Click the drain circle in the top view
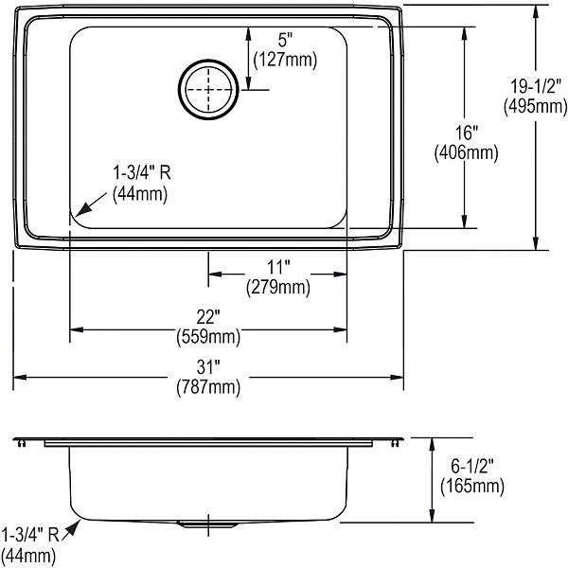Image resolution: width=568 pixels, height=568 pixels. (x=208, y=61)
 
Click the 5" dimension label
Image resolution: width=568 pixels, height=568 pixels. (x=285, y=40)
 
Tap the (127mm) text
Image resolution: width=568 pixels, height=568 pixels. (x=285, y=60)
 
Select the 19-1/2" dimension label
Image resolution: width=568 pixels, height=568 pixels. (x=536, y=86)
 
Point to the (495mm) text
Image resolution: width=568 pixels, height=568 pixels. (x=536, y=106)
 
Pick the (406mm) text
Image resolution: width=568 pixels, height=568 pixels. (x=466, y=152)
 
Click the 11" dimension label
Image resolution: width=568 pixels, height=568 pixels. (x=278, y=268)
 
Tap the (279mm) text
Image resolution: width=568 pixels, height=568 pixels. (x=278, y=287)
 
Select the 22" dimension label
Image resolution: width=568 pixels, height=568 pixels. (x=208, y=317)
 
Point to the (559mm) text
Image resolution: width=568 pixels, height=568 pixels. (x=208, y=337)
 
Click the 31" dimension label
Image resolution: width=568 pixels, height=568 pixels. (x=208, y=367)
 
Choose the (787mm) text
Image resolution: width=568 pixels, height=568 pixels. (x=208, y=387)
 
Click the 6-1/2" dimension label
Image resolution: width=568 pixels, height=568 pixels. (x=472, y=466)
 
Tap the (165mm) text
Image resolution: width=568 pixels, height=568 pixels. (x=472, y=486)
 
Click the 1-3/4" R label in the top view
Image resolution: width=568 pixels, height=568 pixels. (x=142, y=172)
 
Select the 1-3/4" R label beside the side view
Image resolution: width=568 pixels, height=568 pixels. (x=30, y=535)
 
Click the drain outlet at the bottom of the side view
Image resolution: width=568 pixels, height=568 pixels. (x=208, y=524)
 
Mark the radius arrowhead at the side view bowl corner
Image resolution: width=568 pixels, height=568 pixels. (x=74, y=527)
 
